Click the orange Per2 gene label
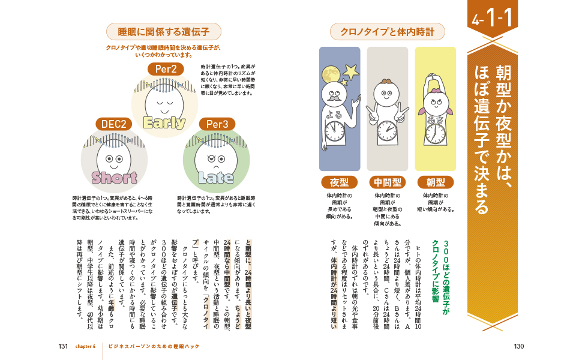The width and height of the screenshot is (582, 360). (165, 68)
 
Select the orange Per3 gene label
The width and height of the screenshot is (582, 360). (217, 124)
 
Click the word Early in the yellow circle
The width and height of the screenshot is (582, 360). (164, 122)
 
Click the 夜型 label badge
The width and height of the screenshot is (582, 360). (339, 182)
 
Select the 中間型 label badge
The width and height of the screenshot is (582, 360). (388, 182)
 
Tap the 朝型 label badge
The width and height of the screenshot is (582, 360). (436, 182)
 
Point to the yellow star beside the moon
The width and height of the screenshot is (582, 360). (351, 70)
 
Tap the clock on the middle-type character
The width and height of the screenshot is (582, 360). (387, 130)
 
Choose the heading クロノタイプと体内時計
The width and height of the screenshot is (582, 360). (388, 31)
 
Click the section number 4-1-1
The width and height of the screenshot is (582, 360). (492, 20)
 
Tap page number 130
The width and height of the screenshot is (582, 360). (519, 346)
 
